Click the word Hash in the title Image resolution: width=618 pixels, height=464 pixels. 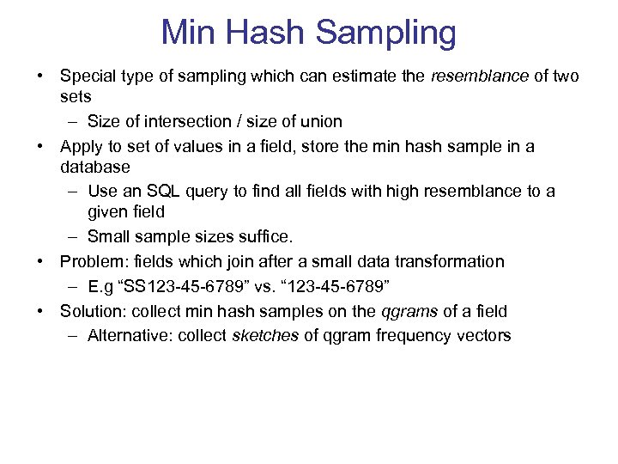tap(267, 33)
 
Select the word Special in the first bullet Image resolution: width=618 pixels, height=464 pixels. tap(89, 76)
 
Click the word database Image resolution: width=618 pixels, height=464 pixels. tap(95, 166)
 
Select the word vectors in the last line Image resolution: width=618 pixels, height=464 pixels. tap(482, 336)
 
